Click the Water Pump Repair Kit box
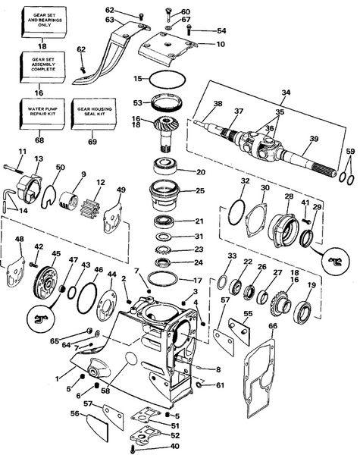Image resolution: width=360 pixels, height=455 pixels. (x=42, y=114)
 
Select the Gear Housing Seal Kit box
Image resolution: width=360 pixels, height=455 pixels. (x=94, y=114)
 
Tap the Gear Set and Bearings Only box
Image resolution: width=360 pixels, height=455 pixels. (x=44, y=22)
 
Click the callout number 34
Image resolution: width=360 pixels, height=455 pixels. (x=286, y=93)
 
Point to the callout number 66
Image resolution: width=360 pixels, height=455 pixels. (x=273, y=326)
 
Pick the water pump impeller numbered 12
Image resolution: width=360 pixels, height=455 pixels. (x=89, y=208)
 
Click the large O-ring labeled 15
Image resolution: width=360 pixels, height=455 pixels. (x=167, y=79)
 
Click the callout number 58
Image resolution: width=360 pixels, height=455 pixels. (x=105, y=391)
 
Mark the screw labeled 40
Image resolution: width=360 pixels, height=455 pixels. (x=133, y=449)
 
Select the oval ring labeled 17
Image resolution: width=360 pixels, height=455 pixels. (x=163, y=278)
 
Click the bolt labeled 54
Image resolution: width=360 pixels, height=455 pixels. (x=189, y=29)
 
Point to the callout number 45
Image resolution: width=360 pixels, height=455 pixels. (x=55, y=253)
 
